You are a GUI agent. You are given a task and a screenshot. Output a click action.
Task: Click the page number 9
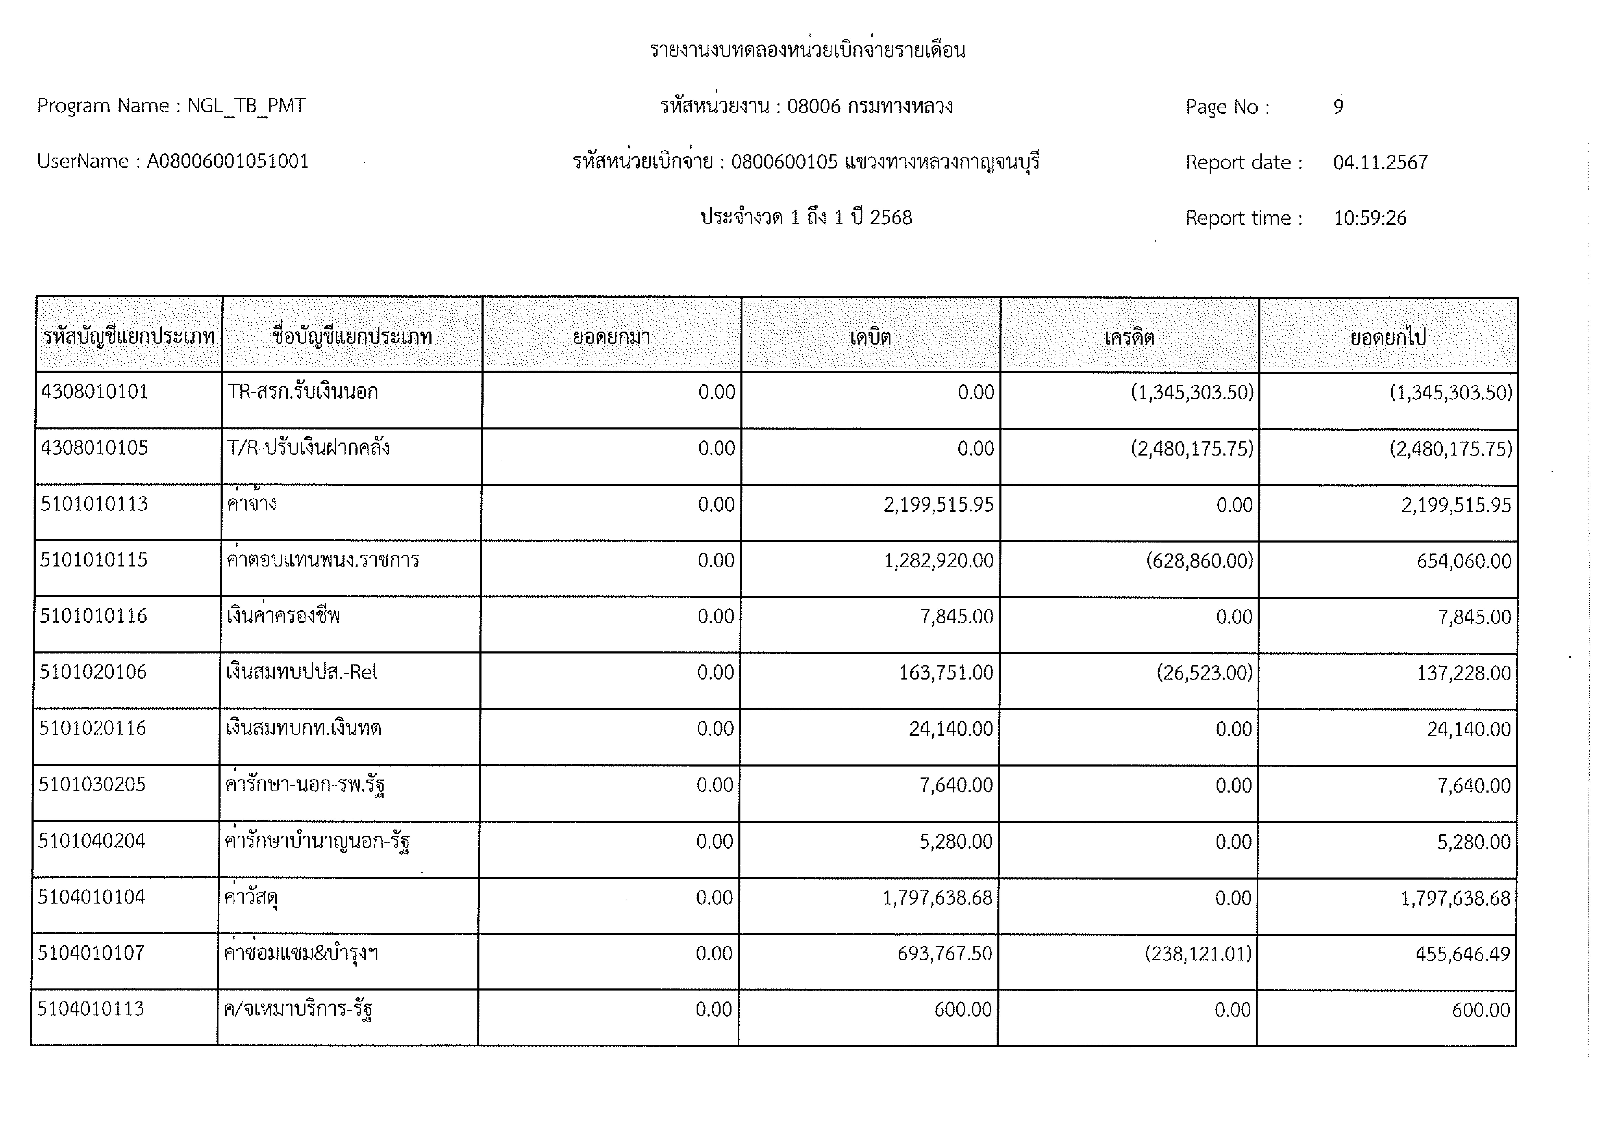[x=1338, y=107]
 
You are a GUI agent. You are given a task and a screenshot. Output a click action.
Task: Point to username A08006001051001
[x=227, y=162]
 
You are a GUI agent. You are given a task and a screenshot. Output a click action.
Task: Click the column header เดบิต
[x=870, y=338]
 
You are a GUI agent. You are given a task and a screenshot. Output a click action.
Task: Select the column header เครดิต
[x=1129, y=338]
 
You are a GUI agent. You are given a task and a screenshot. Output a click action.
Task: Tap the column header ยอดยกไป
[x=1388, y=338]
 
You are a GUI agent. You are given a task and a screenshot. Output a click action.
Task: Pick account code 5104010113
[x=91, y=1009]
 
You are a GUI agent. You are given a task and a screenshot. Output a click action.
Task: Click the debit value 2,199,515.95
[x=939, y=504]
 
